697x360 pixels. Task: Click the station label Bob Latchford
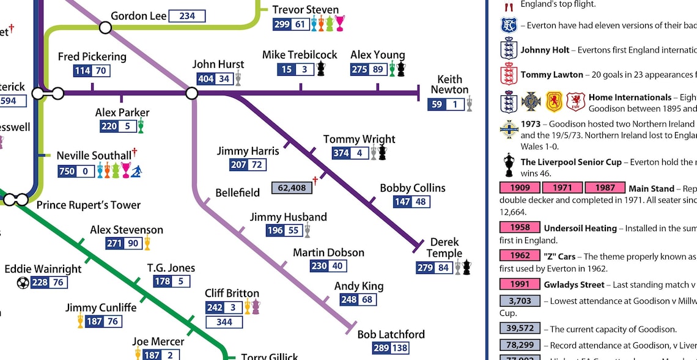(x=391, y=334)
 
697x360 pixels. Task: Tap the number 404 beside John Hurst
(x=206, y=79)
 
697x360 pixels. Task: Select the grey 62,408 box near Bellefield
(x=292, y=188)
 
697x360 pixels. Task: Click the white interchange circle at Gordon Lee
(x=105, y=28)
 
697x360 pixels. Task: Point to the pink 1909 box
(x=520, y=188)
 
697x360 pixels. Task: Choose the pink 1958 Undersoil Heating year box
(x=520, y=227)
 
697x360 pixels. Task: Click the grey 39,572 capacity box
(x=520, y=329)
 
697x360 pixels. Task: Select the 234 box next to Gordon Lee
(x=187, y=16)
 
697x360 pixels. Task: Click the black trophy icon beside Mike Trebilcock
(x=320, y=69)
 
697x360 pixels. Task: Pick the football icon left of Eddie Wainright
(x=23, y=282)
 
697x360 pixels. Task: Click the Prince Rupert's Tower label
(x=88, y=205)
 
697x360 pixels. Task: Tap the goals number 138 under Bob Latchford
(x=400, y=349)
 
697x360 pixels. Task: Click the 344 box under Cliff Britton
(x=224, y=321)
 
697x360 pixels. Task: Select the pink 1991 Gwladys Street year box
(x=520, y=284)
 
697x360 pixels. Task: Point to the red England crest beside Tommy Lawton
(x=509, y=75)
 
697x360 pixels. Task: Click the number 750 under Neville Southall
(x=67, y=171)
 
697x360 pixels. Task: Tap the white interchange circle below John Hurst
(x=191, y=93)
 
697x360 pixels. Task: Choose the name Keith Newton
(x=449, y=84)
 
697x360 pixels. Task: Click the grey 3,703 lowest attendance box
(x=520, y=301)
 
